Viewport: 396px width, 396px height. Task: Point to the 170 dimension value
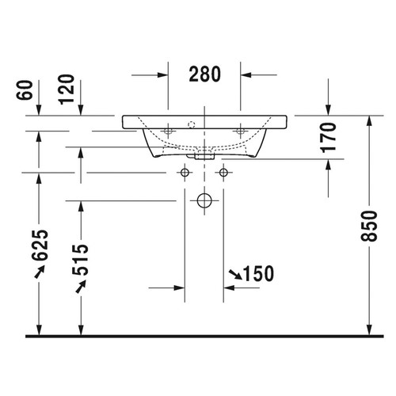pos(329,138)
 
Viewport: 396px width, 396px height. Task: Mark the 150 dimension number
pos(257,274)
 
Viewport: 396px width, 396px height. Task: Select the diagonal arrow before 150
pos(235,274)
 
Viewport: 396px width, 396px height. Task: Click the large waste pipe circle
pos(204,200)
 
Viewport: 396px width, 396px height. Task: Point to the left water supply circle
pos(185,172)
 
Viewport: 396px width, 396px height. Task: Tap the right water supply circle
pos(223,172)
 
